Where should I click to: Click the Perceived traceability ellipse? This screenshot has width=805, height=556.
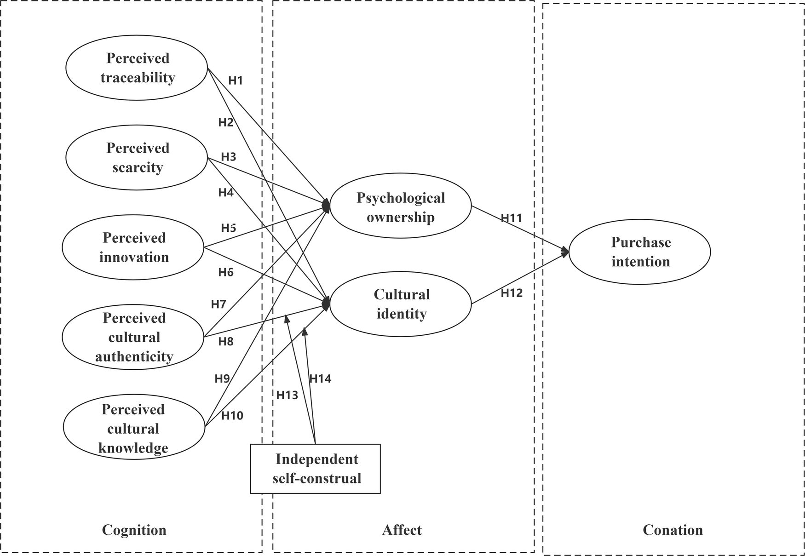pos(137,68)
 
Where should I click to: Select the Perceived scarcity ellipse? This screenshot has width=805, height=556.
pos(137,157)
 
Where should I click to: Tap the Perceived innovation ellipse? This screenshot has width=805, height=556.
pos(133,247)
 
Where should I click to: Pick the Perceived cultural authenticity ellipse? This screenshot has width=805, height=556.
pos(133,337)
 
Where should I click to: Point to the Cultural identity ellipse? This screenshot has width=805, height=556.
pos(400,304)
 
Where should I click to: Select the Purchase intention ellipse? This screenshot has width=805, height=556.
pos(640,252)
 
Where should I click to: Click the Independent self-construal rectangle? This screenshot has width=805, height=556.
pos(316,469)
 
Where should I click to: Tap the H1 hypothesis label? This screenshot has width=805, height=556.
pos(236,80)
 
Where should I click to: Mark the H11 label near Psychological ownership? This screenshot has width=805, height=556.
pos(512,218)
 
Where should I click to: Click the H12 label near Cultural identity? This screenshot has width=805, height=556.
pos(512,293)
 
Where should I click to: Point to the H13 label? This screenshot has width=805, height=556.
pos(287,395)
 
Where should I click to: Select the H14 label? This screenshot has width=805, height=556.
pos(320,379)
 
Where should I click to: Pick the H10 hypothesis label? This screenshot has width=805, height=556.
pos(232,416)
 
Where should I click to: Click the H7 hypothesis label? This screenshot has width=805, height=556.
pos(218,304)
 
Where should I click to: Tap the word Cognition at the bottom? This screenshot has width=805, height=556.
pos(134,530)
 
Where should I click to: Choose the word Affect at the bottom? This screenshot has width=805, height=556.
pos(402,530)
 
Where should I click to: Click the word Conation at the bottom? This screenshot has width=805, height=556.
pos(673,530)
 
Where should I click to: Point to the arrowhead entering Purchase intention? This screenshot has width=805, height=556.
pos(566,251)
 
